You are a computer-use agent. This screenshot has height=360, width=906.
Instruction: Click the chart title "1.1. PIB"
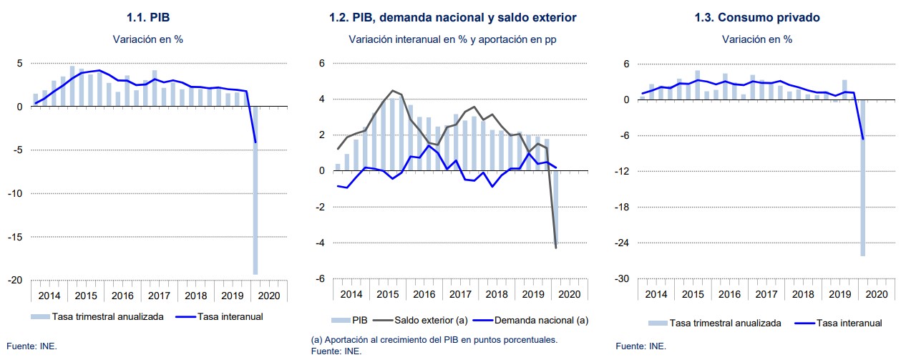[x=147, y=16]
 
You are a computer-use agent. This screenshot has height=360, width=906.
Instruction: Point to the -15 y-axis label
[x=14, y=237]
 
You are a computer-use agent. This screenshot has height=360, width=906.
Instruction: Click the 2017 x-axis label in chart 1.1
[x=158, y=295]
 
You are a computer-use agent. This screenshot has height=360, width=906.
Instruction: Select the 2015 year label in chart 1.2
[x=387, y=295]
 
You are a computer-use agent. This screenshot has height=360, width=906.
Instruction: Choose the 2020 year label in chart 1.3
[x=876, y=295]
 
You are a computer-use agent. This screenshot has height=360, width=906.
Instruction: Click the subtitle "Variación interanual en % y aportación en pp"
[x=452, y=39]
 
